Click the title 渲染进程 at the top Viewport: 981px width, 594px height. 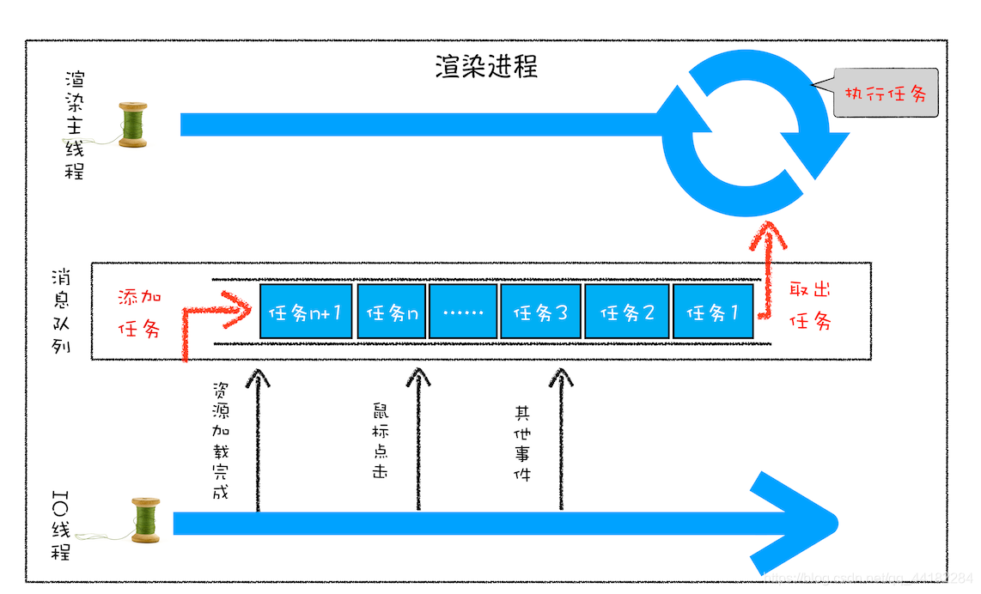click(486, 67)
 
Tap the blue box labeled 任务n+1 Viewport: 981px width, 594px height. click(305, 311)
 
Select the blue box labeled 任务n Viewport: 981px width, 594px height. click(392, 311)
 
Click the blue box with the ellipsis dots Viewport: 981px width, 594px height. click(463, 311)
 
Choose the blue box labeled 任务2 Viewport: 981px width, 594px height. click(627, 311)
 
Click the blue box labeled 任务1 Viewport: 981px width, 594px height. click(713, 311)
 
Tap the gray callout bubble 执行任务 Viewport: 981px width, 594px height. click(886, 94)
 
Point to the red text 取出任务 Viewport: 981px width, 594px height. click(811, 306)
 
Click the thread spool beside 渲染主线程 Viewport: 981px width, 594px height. click(132, 125)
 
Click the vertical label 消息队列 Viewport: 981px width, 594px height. click(61, 313)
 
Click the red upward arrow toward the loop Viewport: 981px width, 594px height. click(767, 258)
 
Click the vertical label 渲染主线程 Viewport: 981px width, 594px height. click(76, 125)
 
